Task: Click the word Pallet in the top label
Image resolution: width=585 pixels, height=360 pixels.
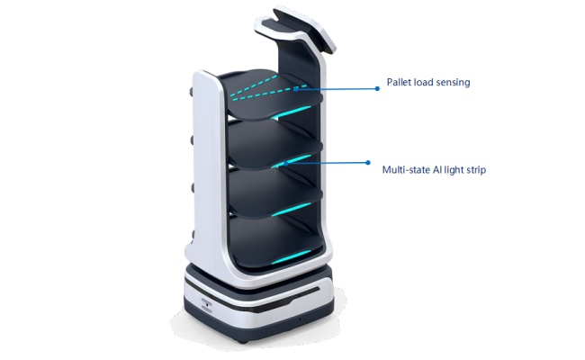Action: tap(397, 82)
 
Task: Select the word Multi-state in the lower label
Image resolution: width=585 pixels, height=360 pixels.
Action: tap(406, 170)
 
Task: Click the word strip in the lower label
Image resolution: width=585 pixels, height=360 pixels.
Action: tap(476, 170)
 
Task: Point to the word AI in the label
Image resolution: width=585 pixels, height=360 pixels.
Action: tap(436, 170)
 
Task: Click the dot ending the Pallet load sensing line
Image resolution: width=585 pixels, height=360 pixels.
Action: tap(377, 89)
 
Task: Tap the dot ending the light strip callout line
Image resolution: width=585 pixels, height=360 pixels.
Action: tap(368, 163)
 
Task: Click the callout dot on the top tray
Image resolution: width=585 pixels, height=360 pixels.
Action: tap(296, 89)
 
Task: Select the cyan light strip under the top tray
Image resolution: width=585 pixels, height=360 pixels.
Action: tap(291, 112)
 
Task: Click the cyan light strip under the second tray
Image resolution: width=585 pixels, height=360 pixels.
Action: tap(292, 161)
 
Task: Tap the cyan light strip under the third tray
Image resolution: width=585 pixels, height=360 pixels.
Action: tap(291, 210)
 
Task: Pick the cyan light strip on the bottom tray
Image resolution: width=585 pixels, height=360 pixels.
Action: tap(291, 257)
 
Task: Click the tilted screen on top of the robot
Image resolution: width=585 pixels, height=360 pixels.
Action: tap(304, 29)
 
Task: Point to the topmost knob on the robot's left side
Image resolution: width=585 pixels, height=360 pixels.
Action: tap(192, 92)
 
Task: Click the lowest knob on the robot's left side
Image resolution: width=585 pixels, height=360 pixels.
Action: tap(193, 235)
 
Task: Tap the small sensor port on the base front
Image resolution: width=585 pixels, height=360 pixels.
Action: tap(207, 302)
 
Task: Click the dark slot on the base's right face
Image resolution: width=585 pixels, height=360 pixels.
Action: tap(309, 292)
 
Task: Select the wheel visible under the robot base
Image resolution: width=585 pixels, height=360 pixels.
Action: tap(242, 341)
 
